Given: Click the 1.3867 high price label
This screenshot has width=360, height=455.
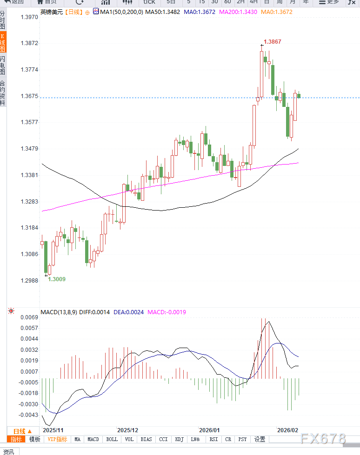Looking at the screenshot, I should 272,42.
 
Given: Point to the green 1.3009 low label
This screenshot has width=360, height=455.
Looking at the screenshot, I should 57,279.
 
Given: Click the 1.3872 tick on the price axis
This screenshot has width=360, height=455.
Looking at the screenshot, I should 29,43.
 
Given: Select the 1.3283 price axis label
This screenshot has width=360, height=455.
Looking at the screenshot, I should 29,202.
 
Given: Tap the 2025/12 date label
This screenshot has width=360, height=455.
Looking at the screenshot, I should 128,430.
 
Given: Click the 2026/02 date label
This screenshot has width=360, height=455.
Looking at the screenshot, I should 287,430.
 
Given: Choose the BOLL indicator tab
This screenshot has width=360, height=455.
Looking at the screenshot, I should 112,439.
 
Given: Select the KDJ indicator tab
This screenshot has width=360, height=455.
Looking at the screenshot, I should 179,439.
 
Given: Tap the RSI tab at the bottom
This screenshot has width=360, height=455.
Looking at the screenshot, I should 213,439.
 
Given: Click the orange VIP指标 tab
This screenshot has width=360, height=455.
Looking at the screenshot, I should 58,439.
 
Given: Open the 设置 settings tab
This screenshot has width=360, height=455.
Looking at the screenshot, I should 260,439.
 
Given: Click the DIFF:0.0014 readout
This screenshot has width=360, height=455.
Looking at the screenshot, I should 94,312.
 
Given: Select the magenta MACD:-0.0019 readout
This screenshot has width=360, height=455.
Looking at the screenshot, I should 167,312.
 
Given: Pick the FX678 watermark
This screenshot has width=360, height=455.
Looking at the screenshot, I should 323,438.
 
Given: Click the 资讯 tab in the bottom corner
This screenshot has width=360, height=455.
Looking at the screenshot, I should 8,451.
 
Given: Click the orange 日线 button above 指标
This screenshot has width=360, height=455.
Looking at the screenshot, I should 22,431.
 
